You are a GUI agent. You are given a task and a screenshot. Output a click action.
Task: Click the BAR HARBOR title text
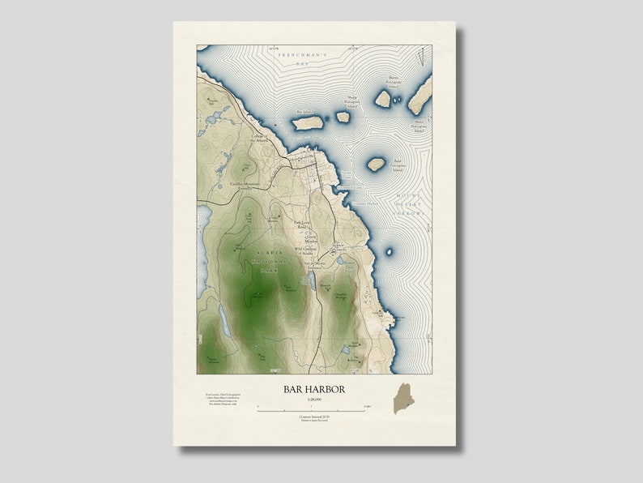tap(314, 390)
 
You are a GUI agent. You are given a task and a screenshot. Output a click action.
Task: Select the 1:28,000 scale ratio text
tap(314, 400)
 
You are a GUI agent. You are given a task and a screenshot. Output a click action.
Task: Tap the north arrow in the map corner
tap(421, 57)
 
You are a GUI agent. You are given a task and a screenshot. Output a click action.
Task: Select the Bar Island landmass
tap(309, 123)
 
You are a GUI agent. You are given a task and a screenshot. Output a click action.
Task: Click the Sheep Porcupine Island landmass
tap(343, 117)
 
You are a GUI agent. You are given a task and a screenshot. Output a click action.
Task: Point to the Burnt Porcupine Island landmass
tap(383, 99)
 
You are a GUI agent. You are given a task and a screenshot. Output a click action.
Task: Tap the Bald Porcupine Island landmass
tap(376, 165)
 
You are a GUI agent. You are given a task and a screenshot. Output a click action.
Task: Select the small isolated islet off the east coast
tap(389, 251)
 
